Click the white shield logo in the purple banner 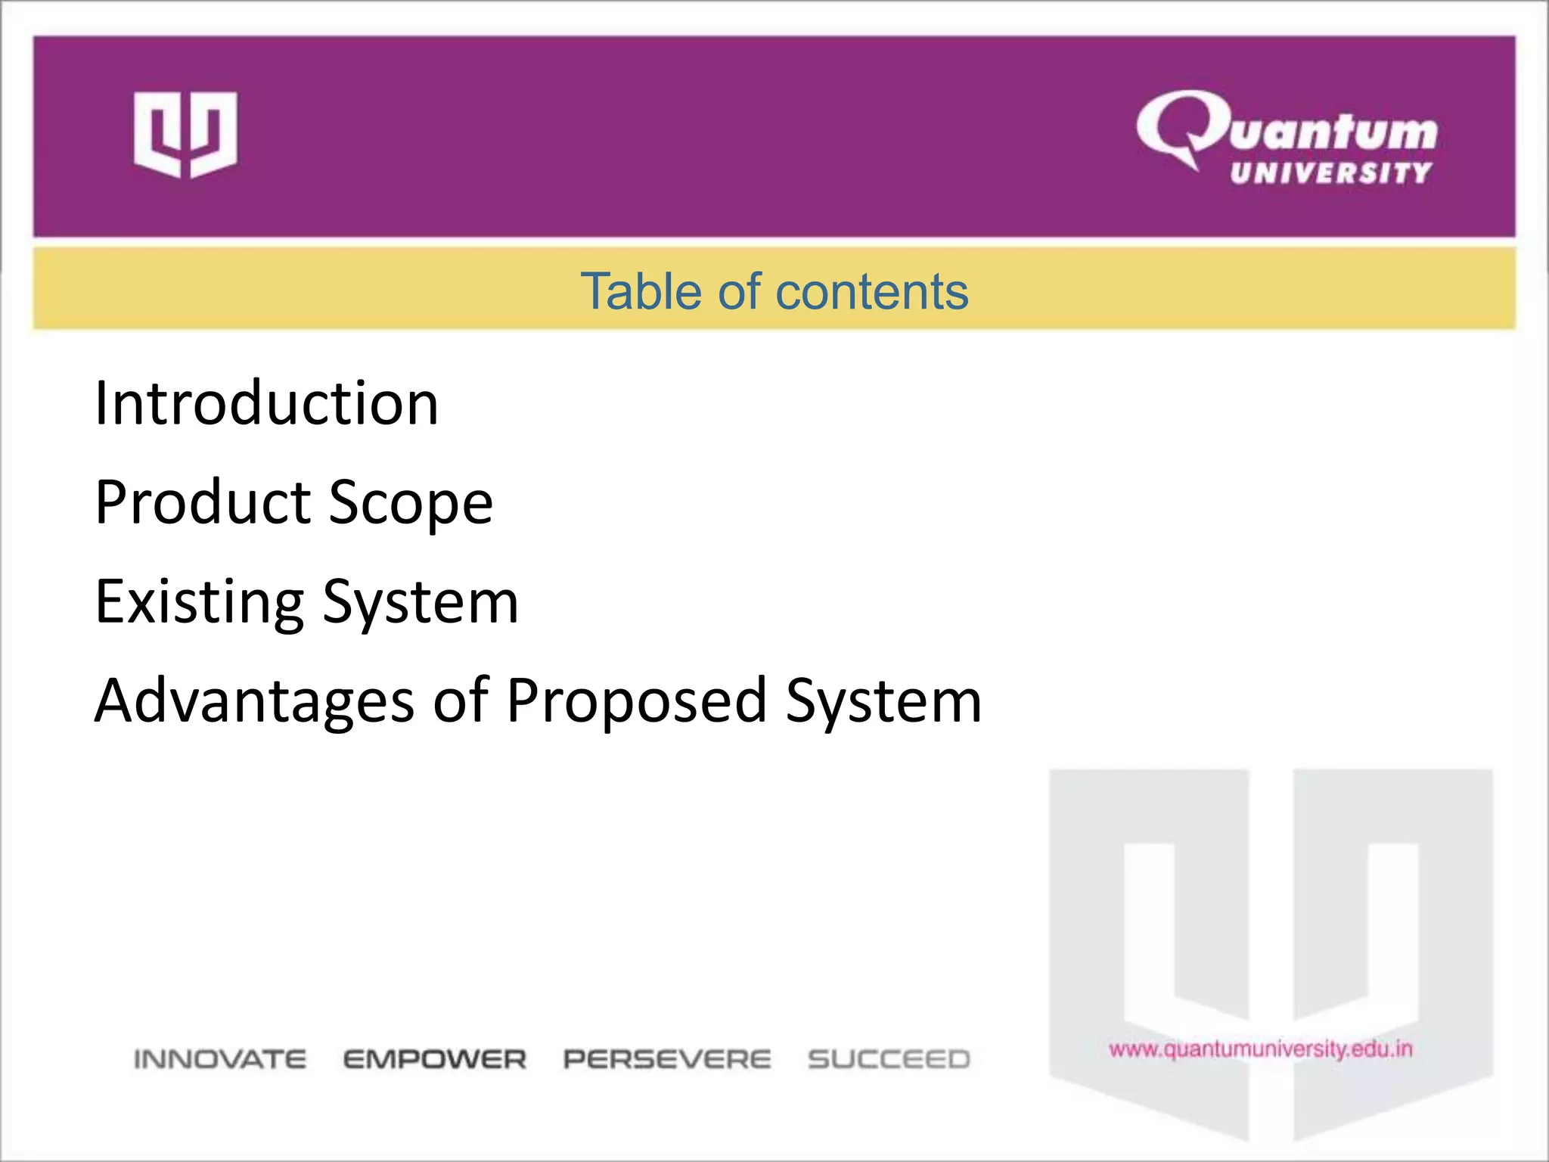pos(185,135)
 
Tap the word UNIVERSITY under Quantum pos(1330,173)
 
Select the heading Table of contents pos(774,291)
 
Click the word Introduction pos(266,403)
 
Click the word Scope pos(411,504)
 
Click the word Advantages pos(254,701)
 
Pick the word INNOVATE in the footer pos(220,1059)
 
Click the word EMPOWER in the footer pos(434,1059)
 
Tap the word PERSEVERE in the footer pos(667,1059)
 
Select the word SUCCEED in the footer pos(889,1059)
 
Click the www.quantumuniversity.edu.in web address pos(1261,1049)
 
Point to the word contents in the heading pos(871,291)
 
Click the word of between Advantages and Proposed pos(460,701)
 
